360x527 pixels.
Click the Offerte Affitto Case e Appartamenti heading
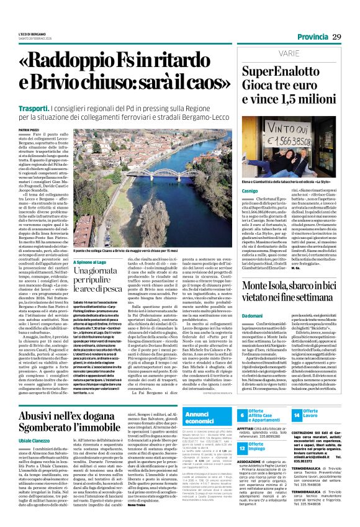click(266, 413)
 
